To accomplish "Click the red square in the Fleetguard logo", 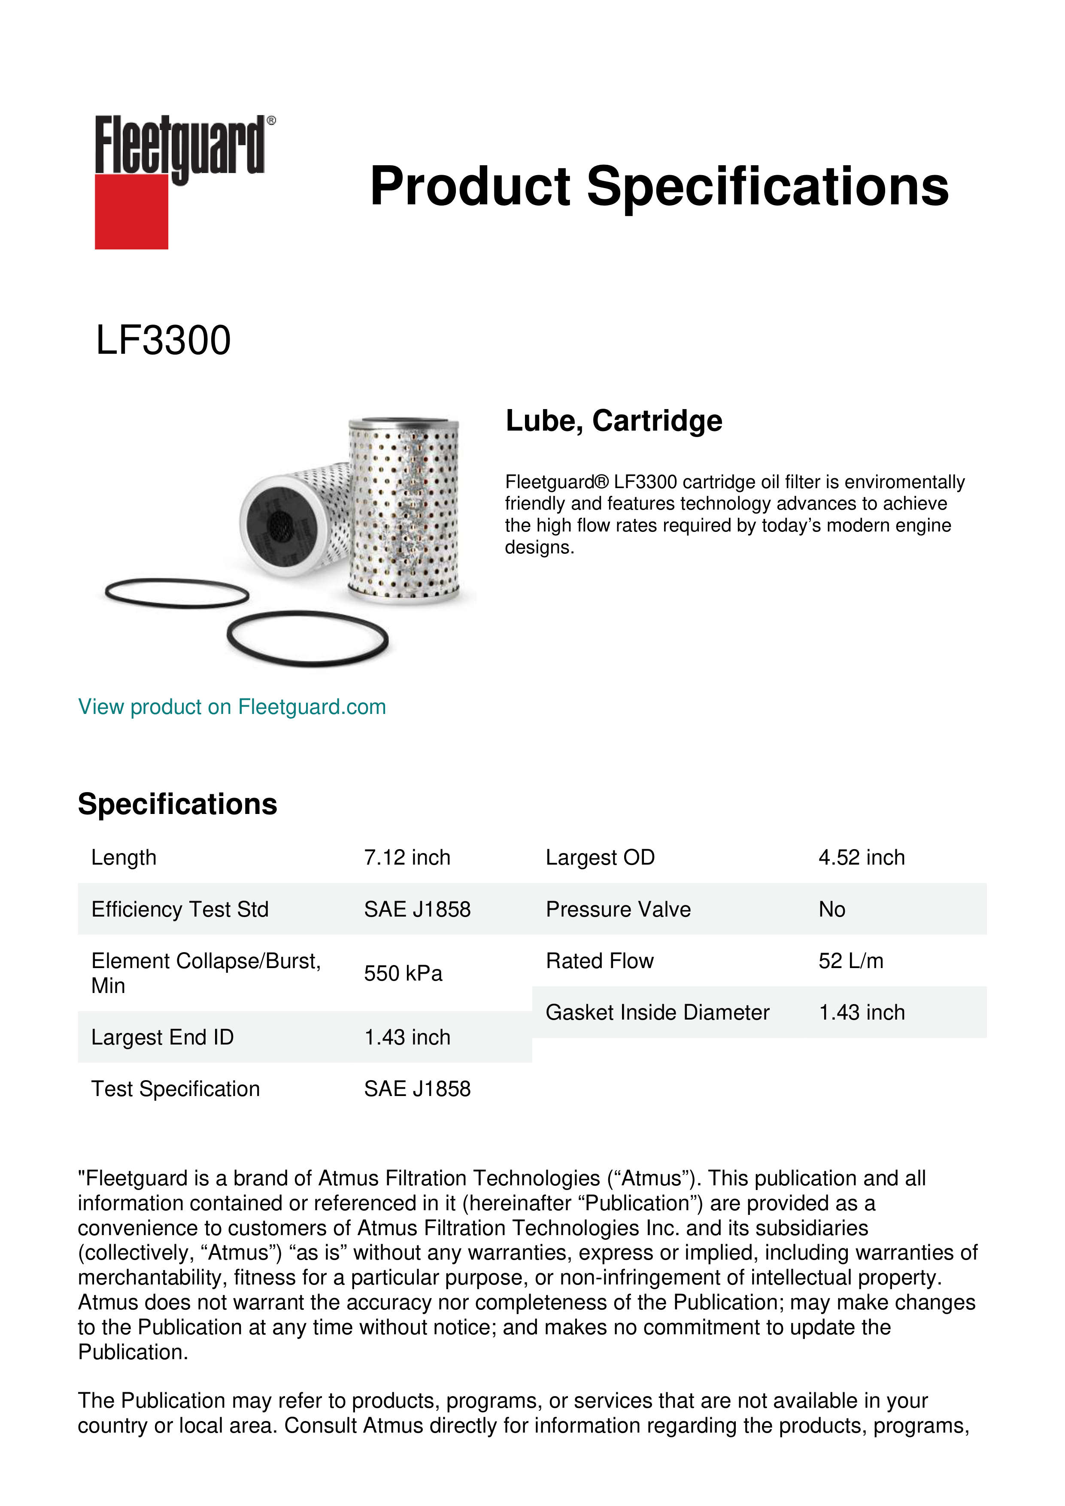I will click(131, 211).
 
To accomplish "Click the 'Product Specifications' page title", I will click(658, 186).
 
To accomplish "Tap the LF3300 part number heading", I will click(163, 340).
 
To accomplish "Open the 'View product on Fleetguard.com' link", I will click(232, 707).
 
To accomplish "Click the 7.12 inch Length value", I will click(407, 857).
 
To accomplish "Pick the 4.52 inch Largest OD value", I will click(861, 857).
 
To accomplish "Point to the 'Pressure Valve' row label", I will click(618, 909).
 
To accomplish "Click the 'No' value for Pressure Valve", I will click(831, 909).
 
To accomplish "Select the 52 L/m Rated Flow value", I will click(850, 961).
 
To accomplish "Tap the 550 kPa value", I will click(403, 973).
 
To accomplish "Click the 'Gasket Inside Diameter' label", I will click(657, 1012).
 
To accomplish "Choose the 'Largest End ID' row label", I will click(162, 1037).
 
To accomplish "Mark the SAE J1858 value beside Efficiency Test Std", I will click(417, 909).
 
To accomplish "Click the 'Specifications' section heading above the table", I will click(177, 804).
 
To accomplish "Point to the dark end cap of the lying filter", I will click(279, 525).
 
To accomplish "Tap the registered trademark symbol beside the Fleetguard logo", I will click(271, 121).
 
